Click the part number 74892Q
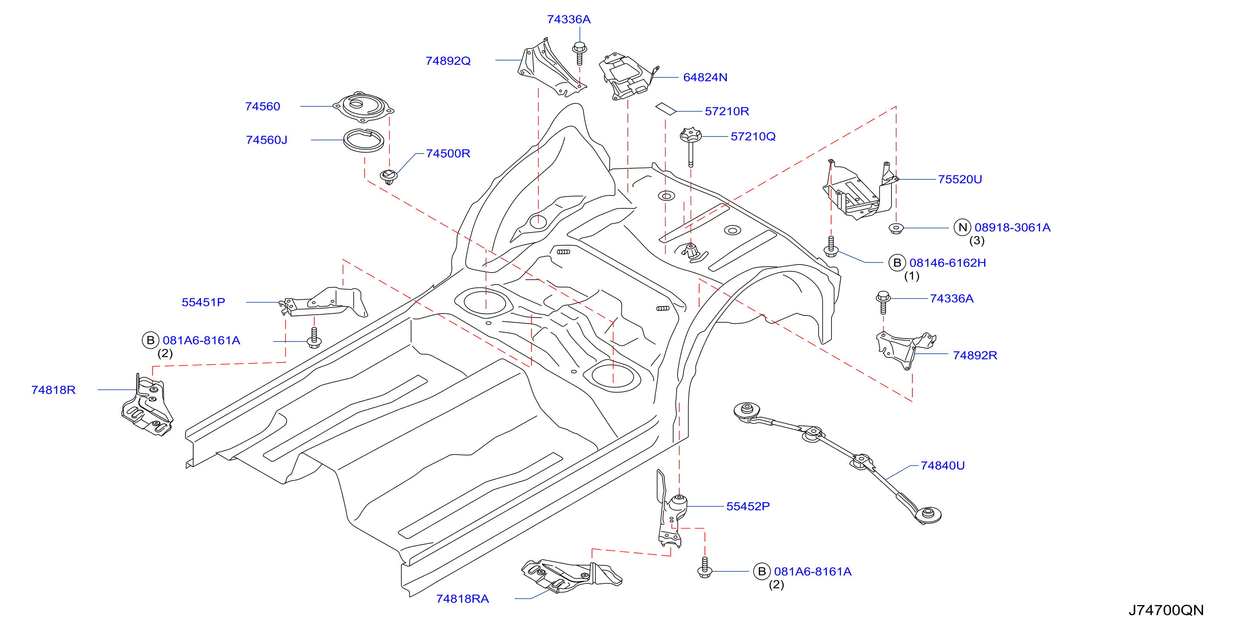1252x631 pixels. tap(448, 61)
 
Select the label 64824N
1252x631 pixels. tap(705, 77)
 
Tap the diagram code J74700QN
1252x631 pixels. tap(1166, 610)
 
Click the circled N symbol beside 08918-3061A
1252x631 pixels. tap(962, 227)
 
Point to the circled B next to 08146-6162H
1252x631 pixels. tap(897, 263)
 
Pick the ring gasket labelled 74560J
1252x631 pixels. tap(363, 141)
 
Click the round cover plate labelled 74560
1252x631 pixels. tap(363, 107)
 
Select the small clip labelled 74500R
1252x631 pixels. tap(389, 177)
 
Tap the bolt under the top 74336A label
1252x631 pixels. tap(579, 54)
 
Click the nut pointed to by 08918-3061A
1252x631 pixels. tap(895, 228)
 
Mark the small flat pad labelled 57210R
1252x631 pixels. tap(666, 109)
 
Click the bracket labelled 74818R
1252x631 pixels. tap(147, 405)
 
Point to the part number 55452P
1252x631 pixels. tap(748, 506)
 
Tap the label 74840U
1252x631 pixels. tap(942, 465)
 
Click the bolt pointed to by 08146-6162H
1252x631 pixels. tap(831, 246)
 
